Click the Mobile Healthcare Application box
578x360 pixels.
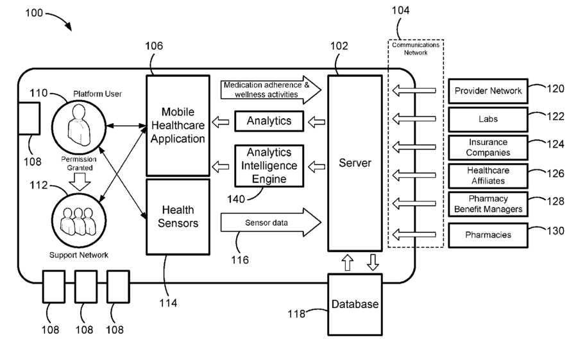coord(178,125)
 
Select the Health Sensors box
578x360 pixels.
coord(178,217)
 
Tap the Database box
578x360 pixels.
coord(355,305)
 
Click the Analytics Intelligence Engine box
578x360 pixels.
coord(269,166)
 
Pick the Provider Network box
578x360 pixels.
coord(488,90)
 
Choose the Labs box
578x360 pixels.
coord(488,119)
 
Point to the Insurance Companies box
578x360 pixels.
coord(488,148)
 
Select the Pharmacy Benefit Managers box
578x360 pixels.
coord(488,204)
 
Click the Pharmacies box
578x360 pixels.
coord(488,235)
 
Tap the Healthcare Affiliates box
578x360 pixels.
coord(488,176)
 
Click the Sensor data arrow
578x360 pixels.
coord(271,223)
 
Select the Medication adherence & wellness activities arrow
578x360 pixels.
coord(271,90)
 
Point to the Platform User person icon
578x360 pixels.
coord(79,126)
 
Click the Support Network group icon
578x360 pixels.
coord(78,221)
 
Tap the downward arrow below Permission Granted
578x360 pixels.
coord(80,182)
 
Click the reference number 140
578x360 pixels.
coord(236,199)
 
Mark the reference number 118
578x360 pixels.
coord(296,314)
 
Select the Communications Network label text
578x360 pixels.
coord(416,49)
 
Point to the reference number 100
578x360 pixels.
coord(34,13)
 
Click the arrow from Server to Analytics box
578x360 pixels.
coord(316,122)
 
